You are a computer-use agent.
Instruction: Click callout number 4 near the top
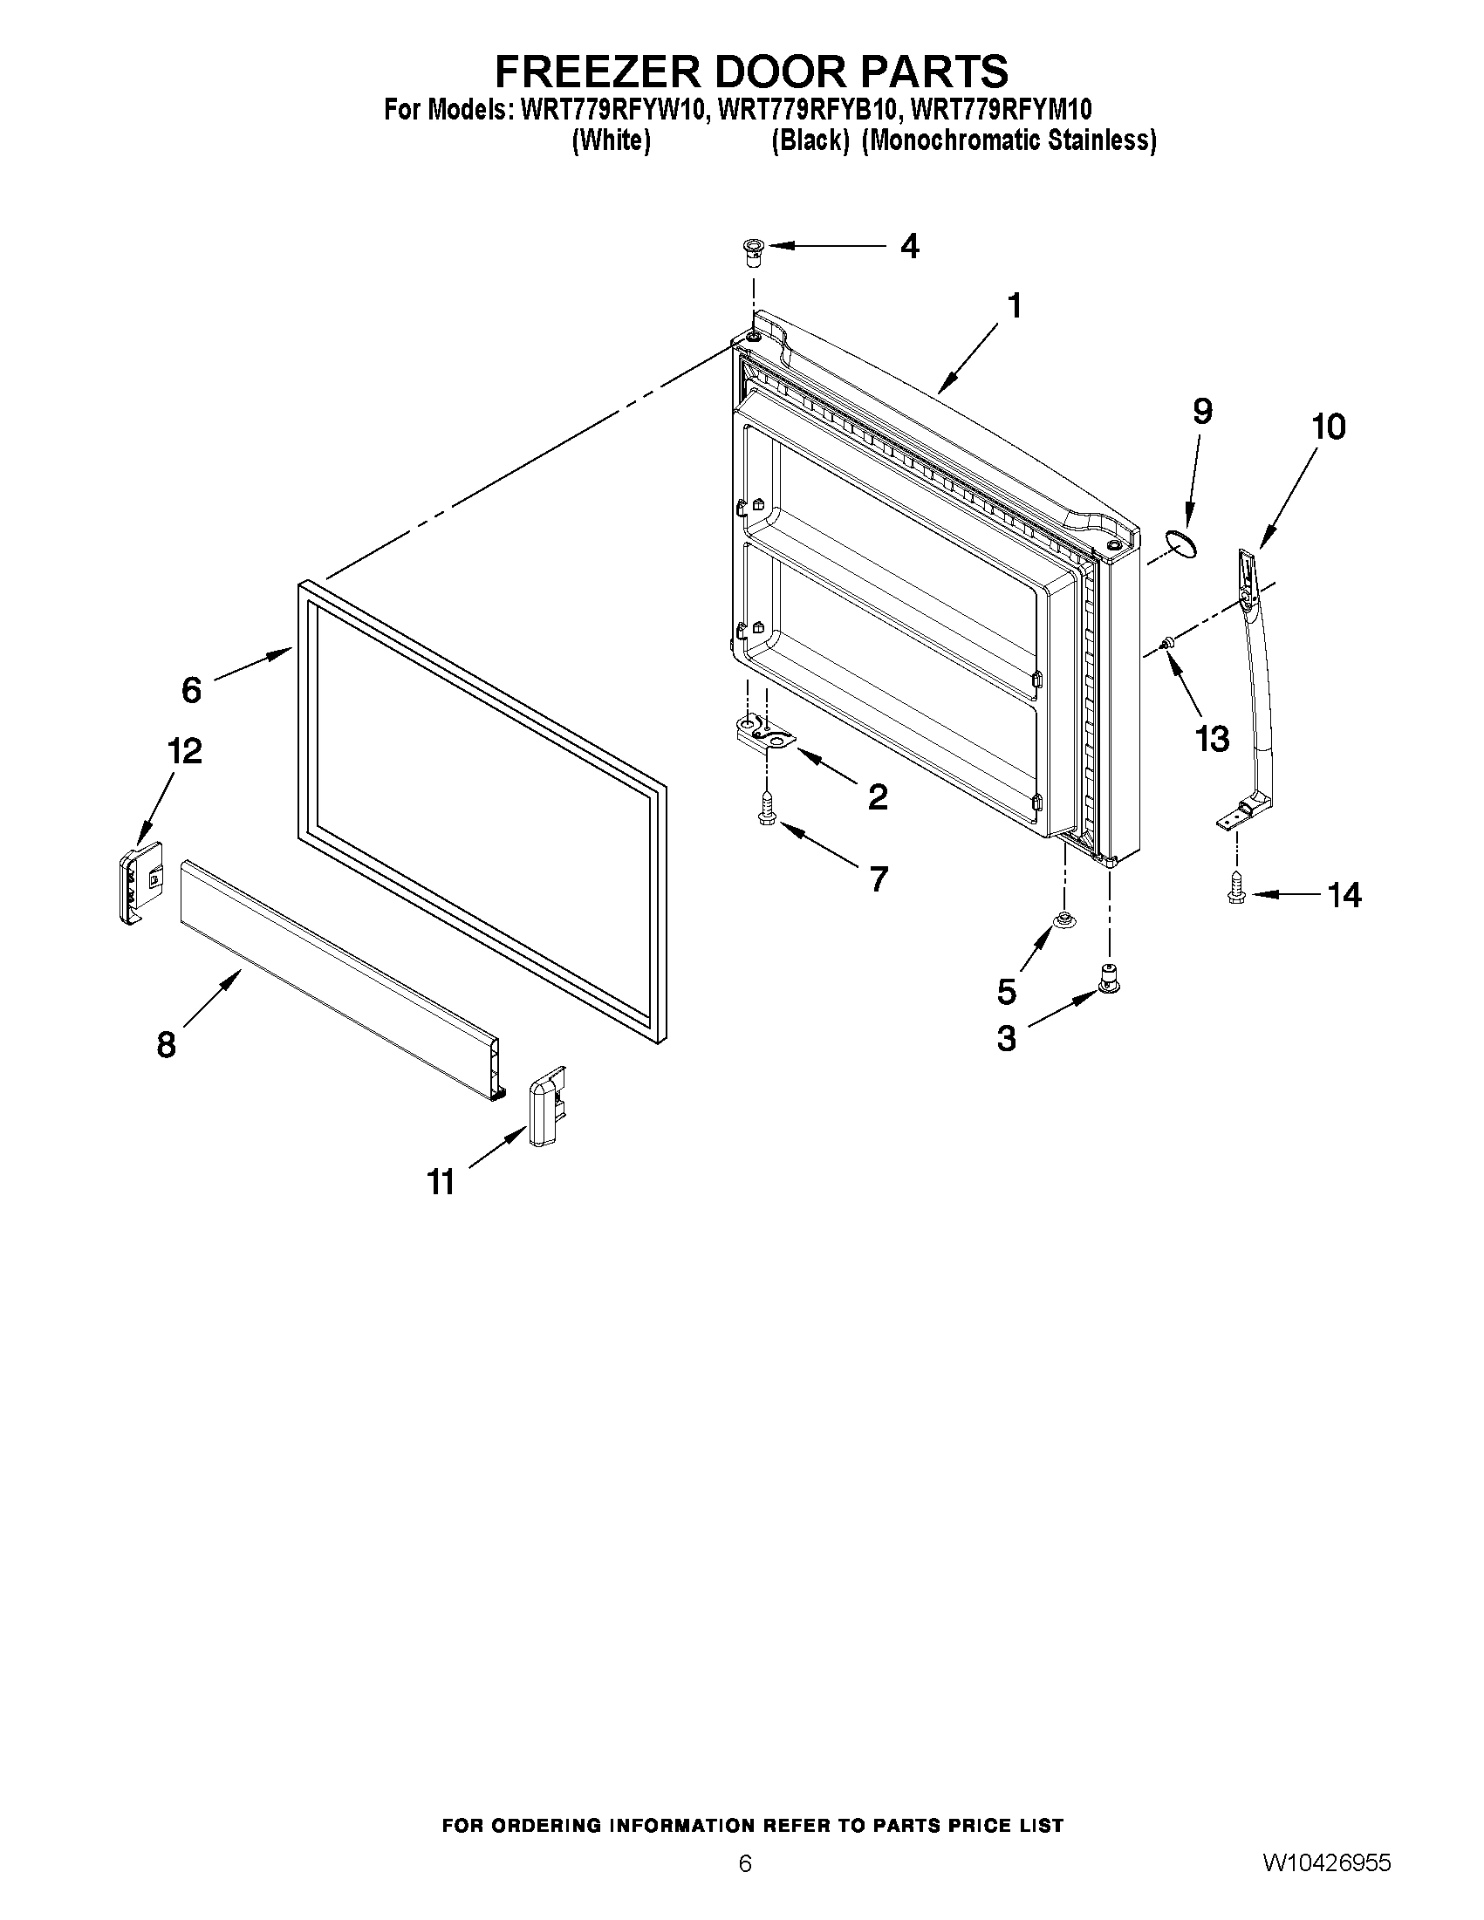(910, 246)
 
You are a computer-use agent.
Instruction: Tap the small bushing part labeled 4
(753, 253)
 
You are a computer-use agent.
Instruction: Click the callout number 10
(1328, 427)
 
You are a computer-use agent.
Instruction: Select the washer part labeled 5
(1063, 921)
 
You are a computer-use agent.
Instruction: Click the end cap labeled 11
(546, 1106)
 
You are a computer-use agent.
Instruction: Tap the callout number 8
(166, 1045)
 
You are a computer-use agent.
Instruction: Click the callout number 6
(192, 690)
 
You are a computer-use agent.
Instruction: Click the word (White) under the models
(611, 140)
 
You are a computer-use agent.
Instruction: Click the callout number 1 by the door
(1015, 307)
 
